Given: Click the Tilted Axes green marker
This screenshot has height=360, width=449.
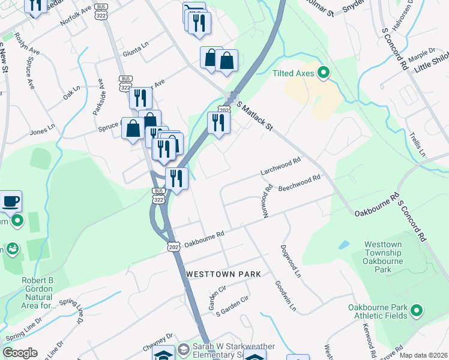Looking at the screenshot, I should [x=324, y=73].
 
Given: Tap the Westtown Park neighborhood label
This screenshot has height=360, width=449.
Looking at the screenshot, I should [x=223, y=274].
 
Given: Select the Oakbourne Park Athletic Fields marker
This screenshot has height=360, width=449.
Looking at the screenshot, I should [x=416, y=311].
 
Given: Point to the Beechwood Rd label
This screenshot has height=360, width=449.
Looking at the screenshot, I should [x=299, y=183].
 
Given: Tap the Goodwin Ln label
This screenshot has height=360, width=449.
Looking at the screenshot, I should [x=286, y=296].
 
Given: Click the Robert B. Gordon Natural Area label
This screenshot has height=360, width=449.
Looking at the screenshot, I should [x=29, y=292].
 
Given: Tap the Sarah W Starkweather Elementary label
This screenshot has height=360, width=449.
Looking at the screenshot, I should [x=234, y=352].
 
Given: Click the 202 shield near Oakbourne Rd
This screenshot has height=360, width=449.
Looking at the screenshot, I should [x=172, y=247].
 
